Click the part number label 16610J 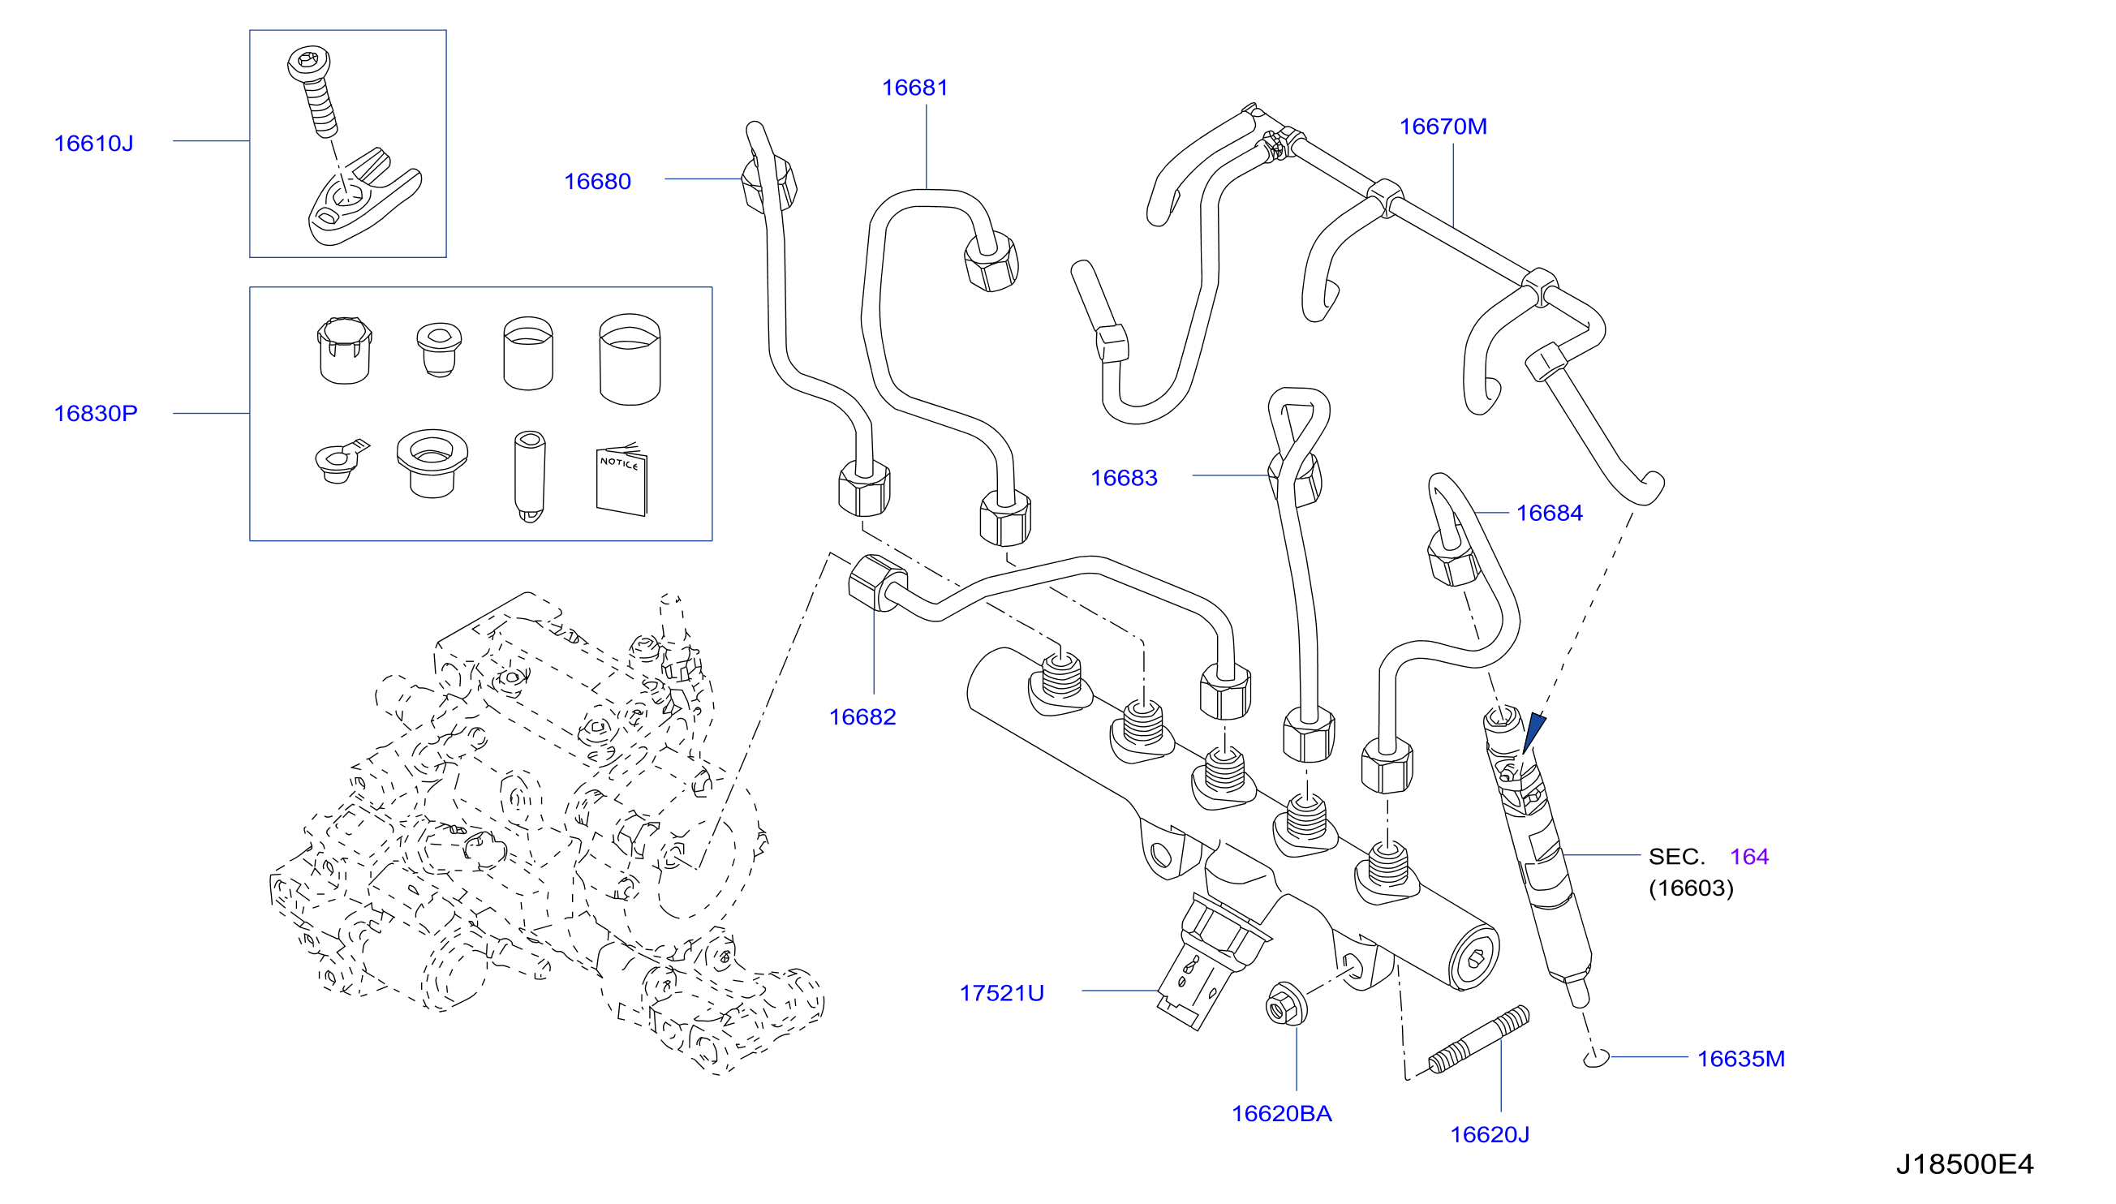click(x=93, y=143)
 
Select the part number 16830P click(x=96, y=413)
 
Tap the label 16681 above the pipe click(x=914, y=88)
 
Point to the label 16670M click(x=1443, y=127)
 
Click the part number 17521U click(x=1001, y=992)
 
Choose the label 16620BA click(x=1282, y=1113)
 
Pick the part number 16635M click(x=1740, y=1059)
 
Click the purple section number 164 click(x=1748, y=857)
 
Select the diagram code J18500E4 click(x=1963, y=1164)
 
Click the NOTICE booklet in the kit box click(x=621, y=479)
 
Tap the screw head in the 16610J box click(x=309, y=62)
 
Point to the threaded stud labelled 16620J click(x=1478, y=1040)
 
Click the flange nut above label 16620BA click(x=1287, y=1003)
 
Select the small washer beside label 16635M click(x=1596, y=1058)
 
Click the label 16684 click(x=1549, y=513)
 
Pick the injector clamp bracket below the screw click(x=363, y=199)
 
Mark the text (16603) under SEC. click(x=1691, y=888)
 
